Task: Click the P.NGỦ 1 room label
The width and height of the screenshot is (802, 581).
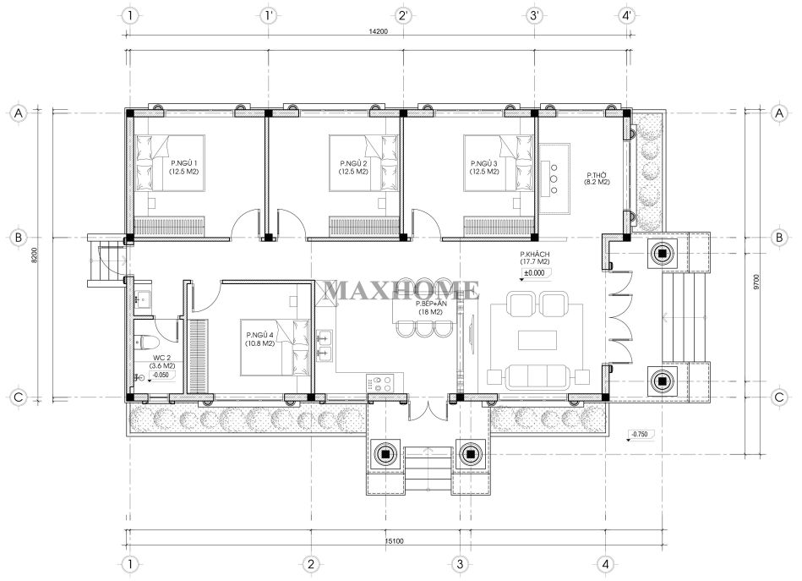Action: pyautogui.click(x=184, y=163)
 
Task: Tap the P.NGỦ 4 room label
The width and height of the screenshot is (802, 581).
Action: pyautogui.click(x=259, y=335)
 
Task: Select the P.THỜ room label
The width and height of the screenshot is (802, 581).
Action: pyautogui.click(x=597, y=174)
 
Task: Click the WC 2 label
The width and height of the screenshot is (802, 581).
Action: pyautogui.click(x=161, y=358)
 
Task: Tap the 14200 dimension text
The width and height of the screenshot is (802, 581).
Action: pyautogui.click(x=379, y=31)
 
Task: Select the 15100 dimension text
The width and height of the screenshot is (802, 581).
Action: pyautogui.click(x=394, y=541)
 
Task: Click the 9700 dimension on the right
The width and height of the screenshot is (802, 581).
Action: pyautogui.click(x=756, y=282)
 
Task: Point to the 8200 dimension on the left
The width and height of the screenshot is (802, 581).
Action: pyautogui.click(x=35, y=255)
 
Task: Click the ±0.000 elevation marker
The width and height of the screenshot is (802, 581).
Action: pyautogui.click(x=535, y=273)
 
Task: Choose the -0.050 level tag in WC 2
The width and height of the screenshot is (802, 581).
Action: pyautogui.click(x=161, y=375)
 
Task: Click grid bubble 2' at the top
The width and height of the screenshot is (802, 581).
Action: pyautogui.click(x=403, y=15)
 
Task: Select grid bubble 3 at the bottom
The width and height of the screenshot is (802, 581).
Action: pyautogui.click(x=460, y=564)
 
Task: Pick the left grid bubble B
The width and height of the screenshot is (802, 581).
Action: pyautogui.click(x=19, y=238)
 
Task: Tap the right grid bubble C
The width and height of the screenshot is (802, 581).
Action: pyautogui.click(x=779, y=397)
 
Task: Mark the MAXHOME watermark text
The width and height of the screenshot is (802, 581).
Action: pyautogui.click(x=401, y=291)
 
